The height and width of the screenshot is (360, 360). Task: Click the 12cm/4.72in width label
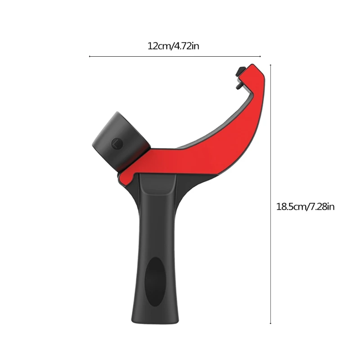pyautogui.click(x=173, y=46)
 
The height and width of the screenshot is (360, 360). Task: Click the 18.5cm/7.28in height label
pyautogui.click(x=305, y=207)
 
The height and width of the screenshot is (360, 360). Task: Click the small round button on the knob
pyautogui.click(x=117, y=144)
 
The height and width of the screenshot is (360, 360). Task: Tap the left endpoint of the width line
pyautogui.click(x=90, y=57)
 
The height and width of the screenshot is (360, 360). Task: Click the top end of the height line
pyautogui.click(x=270, y=65)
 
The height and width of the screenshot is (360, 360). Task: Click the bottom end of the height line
pyautogui.click(x=270, y=324)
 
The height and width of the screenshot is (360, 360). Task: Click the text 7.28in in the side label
pyautogui.click(x=321, y=207)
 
